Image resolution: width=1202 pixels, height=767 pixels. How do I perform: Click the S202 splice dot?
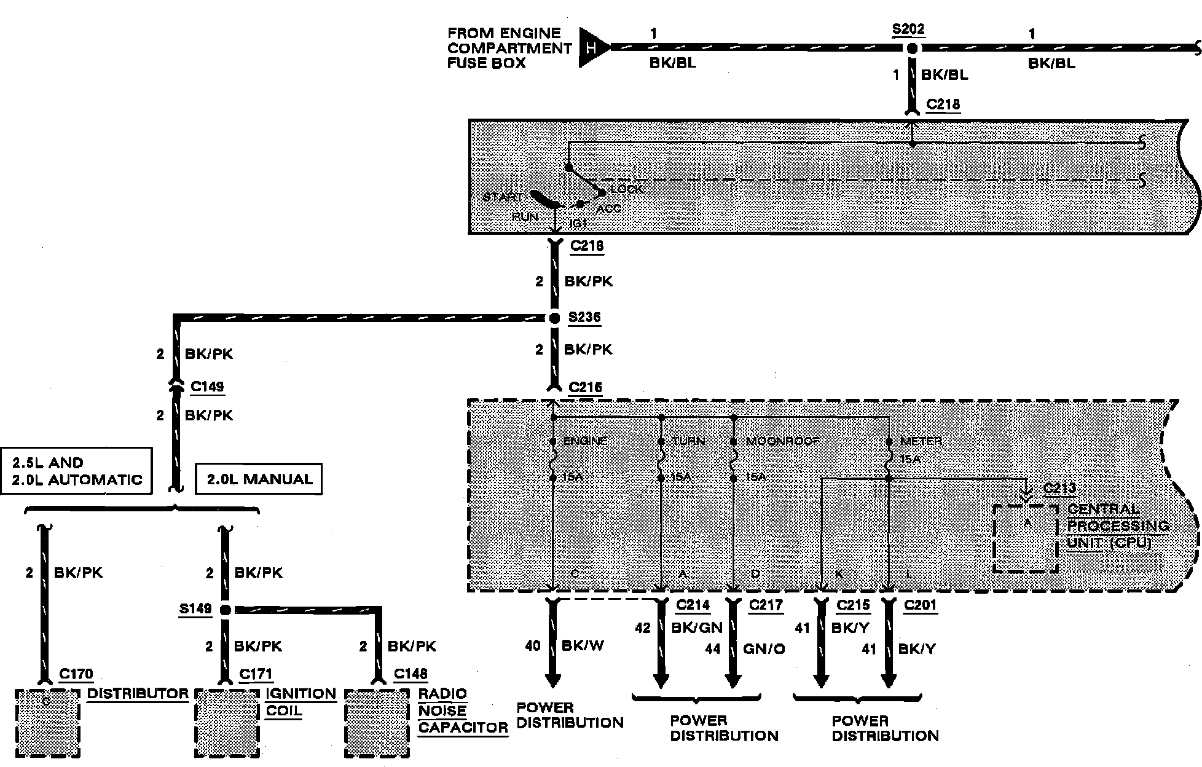(913, 48)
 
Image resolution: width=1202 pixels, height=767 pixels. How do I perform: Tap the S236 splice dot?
(554, 318)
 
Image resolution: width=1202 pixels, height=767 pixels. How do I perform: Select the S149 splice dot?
(225, 610)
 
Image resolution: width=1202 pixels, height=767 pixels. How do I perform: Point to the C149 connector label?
(207, 387)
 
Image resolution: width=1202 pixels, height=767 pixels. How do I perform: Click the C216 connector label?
(585, 387)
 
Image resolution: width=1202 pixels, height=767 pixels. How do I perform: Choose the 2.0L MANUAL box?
(259, 479)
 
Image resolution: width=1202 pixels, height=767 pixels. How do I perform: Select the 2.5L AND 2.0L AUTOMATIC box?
(76, 471)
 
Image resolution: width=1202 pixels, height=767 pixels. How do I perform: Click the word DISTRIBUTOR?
(138, 694)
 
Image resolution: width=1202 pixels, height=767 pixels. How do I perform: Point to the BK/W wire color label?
(583, 646)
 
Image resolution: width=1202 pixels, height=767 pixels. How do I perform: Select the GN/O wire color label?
(763, 649)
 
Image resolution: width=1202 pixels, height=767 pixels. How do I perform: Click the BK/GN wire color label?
(697, 628)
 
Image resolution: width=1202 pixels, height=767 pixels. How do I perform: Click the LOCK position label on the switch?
(626, 189)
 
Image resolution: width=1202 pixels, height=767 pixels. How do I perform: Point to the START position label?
(502, 197)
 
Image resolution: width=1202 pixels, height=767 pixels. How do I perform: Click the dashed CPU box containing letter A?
(1025, 538)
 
